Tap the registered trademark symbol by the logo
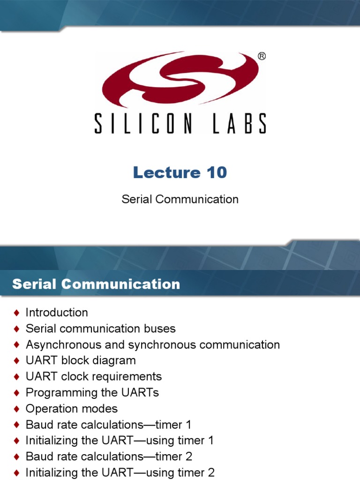click(x=262, y=57)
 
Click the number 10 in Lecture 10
click(x=217, y=172)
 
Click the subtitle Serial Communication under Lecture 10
click(x=180, y=199)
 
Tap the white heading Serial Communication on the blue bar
click(x=96, y=284)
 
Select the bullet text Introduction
click(x=57, y=312)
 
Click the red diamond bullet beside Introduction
click(x=17, y=313)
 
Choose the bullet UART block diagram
click(x=81, y=360)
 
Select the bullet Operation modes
click(x=72, y=408)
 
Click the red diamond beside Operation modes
click(x=17, y=409)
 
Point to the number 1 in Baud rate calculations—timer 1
click(x=188, y=425)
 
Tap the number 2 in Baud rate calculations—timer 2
click(x=188, y=457)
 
